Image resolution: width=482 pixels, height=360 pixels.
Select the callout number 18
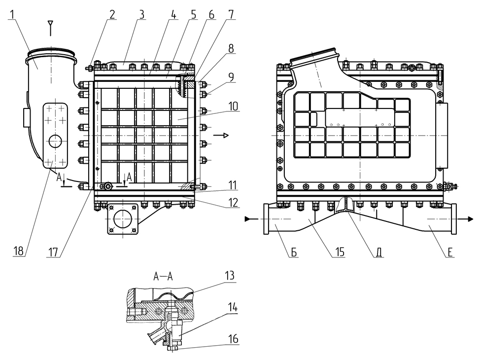coord(18,252)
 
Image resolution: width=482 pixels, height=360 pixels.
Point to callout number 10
coord(234,106)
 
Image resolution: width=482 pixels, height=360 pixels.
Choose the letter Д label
coord(379,252)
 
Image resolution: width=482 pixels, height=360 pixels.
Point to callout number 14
coord(233,308)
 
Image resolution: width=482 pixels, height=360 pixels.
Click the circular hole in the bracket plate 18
coord(55,142)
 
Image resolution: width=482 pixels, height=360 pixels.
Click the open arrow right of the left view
coord(225,135)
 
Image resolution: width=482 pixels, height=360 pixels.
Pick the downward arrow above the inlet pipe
coord(50,24)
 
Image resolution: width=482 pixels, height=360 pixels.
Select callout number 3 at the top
coord(141,14)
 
